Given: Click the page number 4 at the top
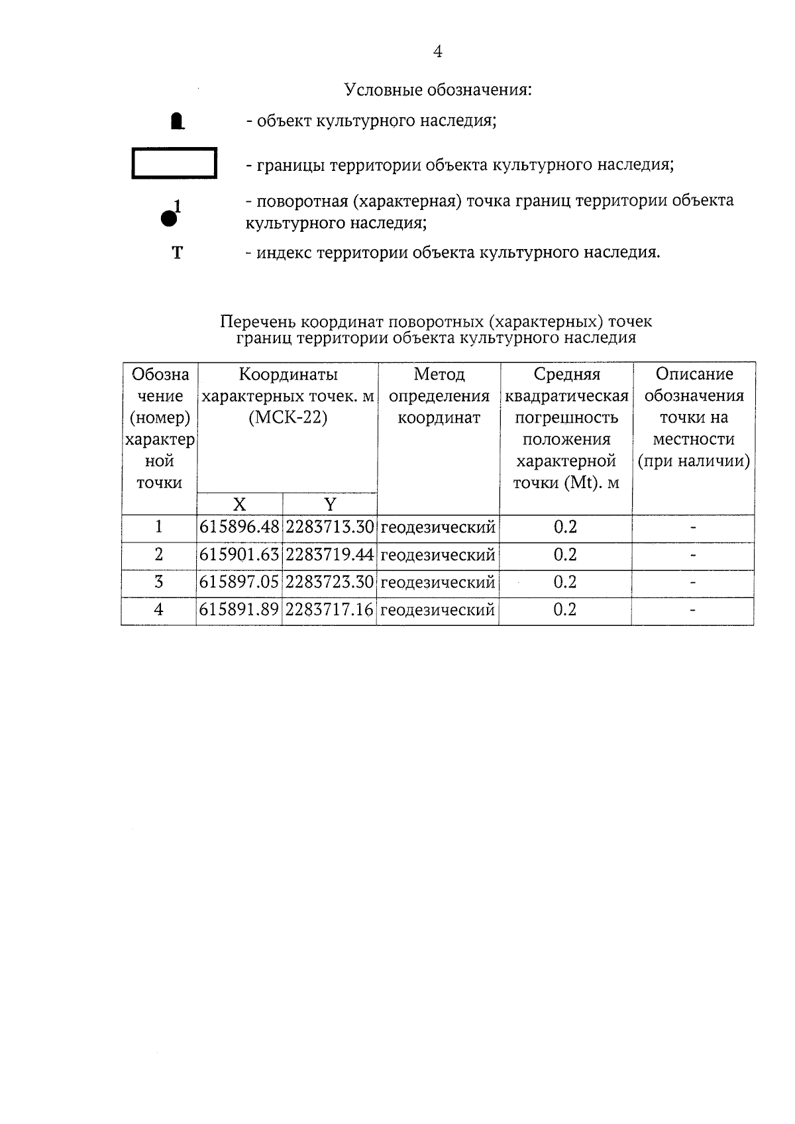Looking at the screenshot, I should coord(437,52).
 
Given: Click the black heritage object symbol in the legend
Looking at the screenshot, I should coord(177,121).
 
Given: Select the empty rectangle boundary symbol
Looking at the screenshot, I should coord(174,163).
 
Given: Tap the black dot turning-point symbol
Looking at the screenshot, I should coord(169,217).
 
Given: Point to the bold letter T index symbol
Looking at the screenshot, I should coord(177,253).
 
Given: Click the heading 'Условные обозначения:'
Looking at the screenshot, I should coord(438,89).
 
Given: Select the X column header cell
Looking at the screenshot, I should coord(239,505).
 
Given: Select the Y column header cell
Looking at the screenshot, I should coord(329,505).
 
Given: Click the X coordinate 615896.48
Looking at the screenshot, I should coord(239,528).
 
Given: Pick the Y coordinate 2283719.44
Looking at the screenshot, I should coord(329,555).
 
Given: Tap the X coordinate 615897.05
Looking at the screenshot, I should coord(239,582).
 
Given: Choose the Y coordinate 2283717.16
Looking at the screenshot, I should coord(329,610).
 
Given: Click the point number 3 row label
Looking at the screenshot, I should coord(158,582).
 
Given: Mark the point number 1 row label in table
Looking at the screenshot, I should coord(158,527).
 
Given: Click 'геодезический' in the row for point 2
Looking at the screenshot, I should coord(438,555).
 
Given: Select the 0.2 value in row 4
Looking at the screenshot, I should coord(565,610).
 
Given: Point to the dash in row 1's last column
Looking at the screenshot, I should coord(693,528).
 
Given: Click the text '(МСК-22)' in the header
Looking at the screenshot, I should coord(288,419).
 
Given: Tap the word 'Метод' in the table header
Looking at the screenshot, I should coord(439,375).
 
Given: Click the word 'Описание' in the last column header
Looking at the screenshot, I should coord(694,374).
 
